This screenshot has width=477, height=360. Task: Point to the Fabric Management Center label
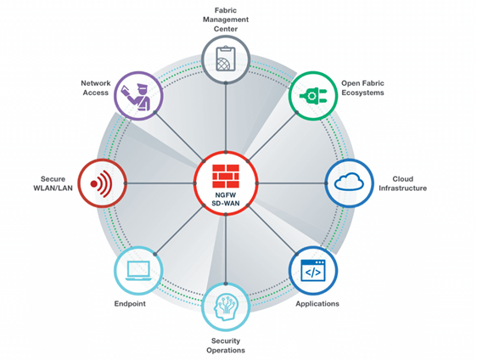click(225, 19)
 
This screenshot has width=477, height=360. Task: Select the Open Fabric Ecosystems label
click(362, 87)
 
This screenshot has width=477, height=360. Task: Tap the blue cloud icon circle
click(350, 183)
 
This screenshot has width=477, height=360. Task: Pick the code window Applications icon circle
click(313, 270)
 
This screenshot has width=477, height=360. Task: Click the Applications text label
click(317, 303)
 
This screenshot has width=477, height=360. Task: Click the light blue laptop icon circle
click(137, 271)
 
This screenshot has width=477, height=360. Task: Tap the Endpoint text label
click(131, 303)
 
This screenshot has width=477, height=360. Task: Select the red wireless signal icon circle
click(101, 183)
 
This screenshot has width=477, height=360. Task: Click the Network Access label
click(96, 87)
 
